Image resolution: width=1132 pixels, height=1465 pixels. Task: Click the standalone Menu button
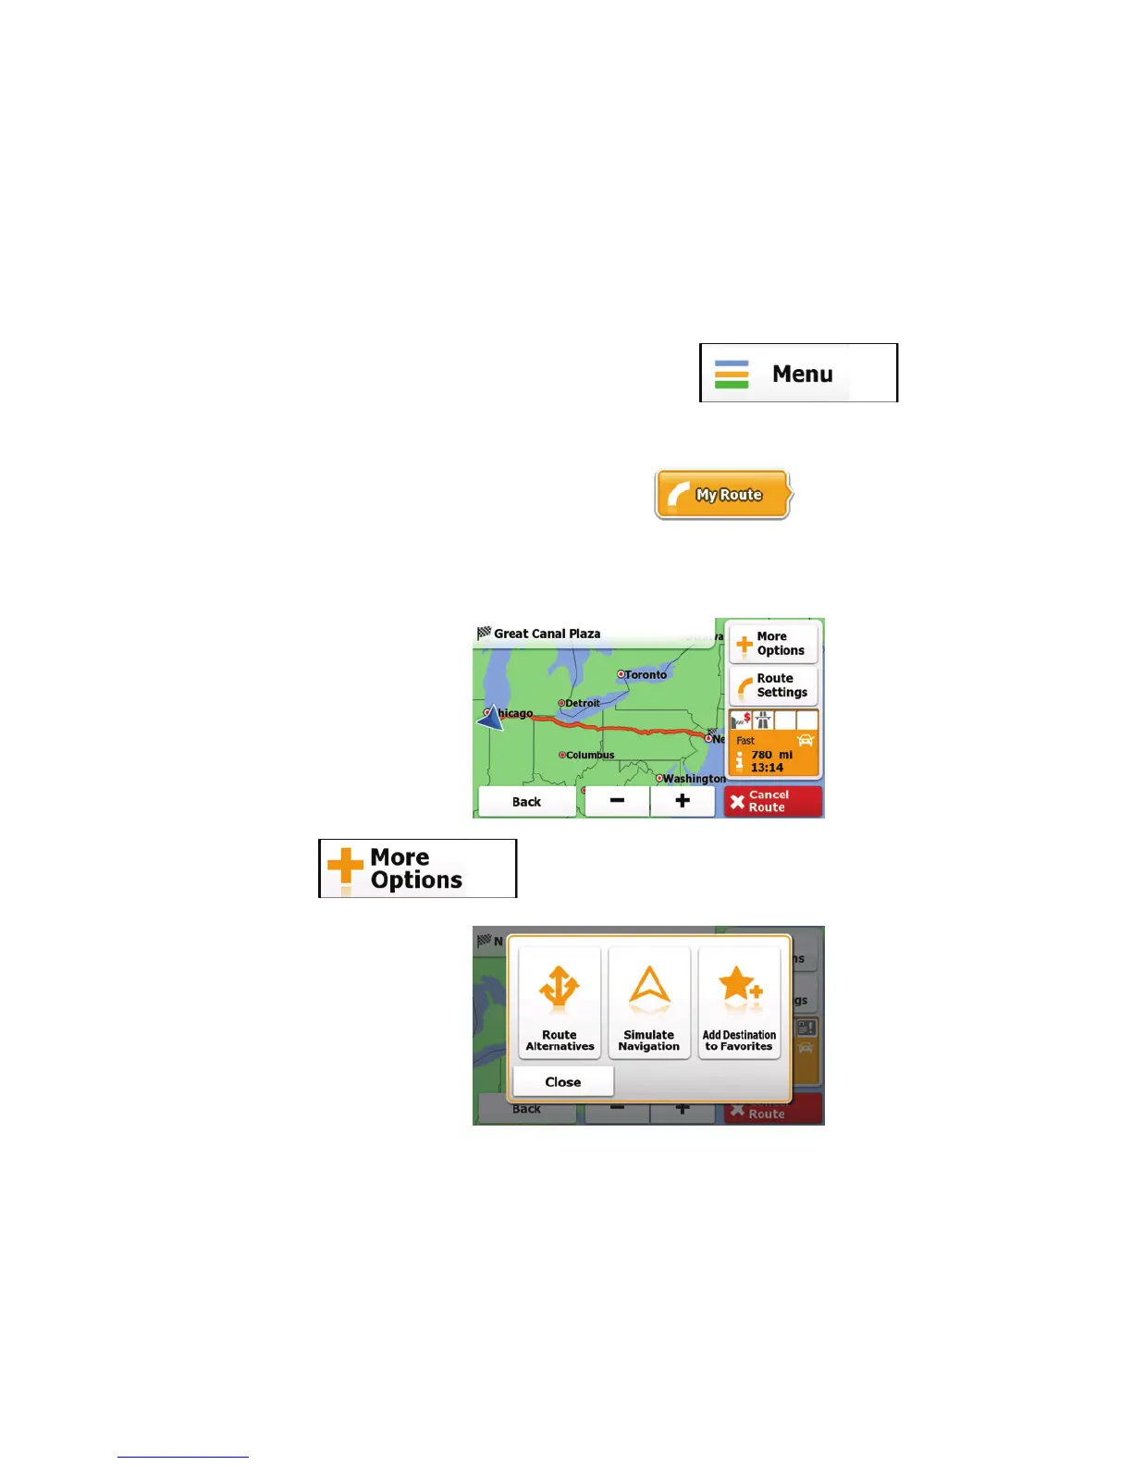pyautogui.click(x=798, y=373)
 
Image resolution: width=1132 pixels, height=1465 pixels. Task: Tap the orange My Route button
pyautogui.click(x=723, y=495)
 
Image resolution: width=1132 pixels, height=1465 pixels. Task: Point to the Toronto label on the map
pyautogui.click(x=645, y=675)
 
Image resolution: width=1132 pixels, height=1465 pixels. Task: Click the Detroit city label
pyautogui.click(x=582, y=703)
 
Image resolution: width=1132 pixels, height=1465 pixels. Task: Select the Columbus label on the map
pyautogui.click(x=589, y=755)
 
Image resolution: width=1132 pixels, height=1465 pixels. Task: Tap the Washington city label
pyautogui.click(x=694, y=779)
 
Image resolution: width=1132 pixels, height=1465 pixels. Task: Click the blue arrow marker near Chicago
pyautogui.click(x=489, y=717)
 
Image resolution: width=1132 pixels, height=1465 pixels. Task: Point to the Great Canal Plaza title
pyautogui.click(x=546, y=634)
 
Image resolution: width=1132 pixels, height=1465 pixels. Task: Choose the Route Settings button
pyautogui.click(x=773, y=685)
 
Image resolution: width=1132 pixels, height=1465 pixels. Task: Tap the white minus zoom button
pyautogui.click(x=617, y=801)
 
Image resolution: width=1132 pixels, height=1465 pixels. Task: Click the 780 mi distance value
pyautogui.click(x=771, y=755)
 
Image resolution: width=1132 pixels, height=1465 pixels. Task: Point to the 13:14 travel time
pyautogui.click(x=767, y=768)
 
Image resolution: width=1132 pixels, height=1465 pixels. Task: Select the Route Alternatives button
pyautogui.click(x=560, y=1003)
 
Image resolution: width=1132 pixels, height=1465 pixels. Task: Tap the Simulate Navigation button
pyautogui.click(x=649, y=1003)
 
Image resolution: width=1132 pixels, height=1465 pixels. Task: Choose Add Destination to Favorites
pyautogui.click(x=739, y=1003)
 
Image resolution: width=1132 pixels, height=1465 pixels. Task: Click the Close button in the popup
pyautogui.click(x=563, y=1081)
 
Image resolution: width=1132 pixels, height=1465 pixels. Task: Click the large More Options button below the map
pyautogui.click(x=417, y=868)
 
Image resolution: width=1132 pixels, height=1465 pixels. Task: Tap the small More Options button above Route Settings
pyautogui.click(x=773, y=644)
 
